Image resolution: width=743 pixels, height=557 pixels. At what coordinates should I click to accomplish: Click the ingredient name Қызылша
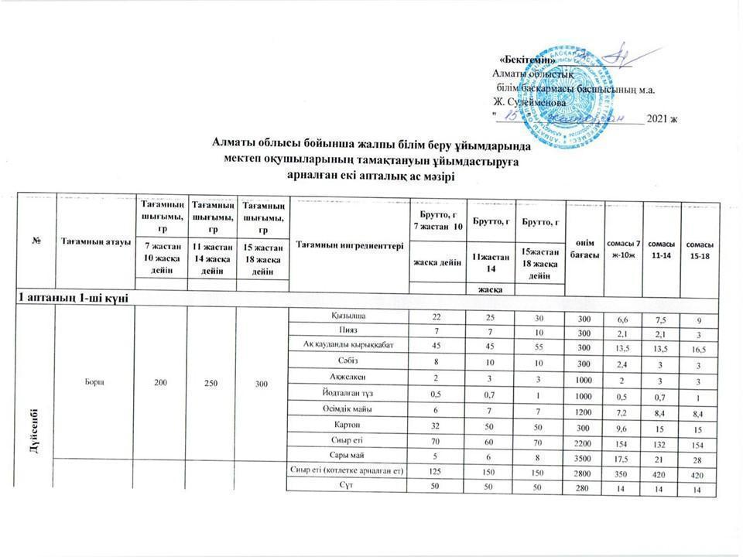[x=348, y=316]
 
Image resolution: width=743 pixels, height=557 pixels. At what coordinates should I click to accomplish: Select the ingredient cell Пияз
[x=348, y=330]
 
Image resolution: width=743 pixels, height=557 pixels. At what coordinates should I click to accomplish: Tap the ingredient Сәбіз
[x=348, y=360]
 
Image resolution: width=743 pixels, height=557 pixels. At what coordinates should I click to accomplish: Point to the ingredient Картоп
[x=348, y=425]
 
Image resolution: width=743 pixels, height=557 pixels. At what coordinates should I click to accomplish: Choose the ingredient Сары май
[x=348, y=455]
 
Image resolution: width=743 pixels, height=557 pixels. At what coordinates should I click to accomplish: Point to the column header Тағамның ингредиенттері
[x=348, y=244]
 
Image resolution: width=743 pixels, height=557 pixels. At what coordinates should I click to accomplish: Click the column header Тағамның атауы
[x=94, y=237]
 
